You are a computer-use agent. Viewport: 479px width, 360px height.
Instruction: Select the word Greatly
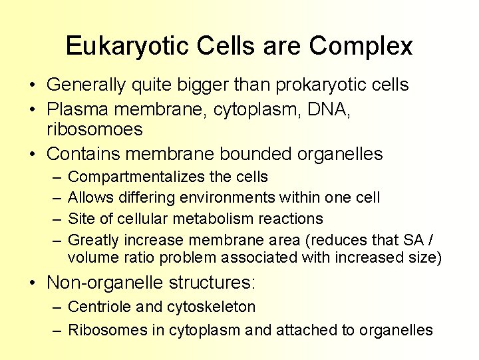tap(94, 239)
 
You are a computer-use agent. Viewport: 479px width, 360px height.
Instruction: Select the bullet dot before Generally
tap(32, 85)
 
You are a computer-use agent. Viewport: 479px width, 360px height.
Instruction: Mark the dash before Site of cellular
tap(55, 219)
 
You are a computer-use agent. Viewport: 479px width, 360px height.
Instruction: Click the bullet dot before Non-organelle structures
tap(32, 283)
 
